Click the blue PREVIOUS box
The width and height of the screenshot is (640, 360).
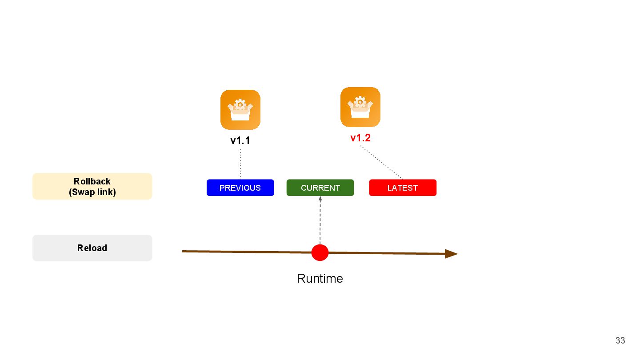click(x=240, y=188)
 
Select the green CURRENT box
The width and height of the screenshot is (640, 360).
click(x=320, y=188)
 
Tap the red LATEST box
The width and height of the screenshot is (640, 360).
click(x=403, y=188)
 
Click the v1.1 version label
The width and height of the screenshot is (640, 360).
click(x=240, y=140)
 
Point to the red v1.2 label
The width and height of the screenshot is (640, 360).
click(x=360, y=138)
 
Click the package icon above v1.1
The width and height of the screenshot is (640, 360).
click(x=240, y=110)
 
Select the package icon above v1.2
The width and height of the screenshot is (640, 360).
click(x=360, y=107)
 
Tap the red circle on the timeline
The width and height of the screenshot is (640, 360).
click(x=320, y=252)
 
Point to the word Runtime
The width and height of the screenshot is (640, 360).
click(x=320, y=279)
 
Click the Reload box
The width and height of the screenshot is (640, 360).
click(x=92, y=248)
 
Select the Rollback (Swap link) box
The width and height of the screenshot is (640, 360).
click(x=92, y=186)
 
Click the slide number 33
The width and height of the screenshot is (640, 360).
click(x=620, y=340)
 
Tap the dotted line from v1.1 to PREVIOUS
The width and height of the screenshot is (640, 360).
click(x=240, y=164)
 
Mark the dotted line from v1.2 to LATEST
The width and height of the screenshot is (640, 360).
click(x=381, y=163)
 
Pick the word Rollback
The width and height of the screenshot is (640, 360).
click(x=92, y=181)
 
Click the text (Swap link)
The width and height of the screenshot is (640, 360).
click(x=92, y=192)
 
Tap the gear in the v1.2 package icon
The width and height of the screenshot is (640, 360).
click(x=360, y=102)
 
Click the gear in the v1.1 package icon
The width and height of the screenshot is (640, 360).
click(x=240, y=104)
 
